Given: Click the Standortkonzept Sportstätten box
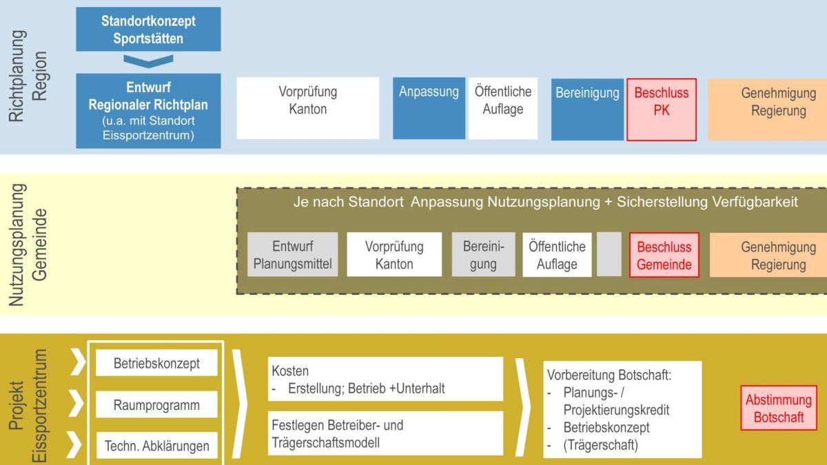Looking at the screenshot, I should [x=148, y=30].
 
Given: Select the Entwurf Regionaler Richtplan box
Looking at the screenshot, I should [x=148, y=111].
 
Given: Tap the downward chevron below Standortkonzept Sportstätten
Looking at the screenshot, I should [x=148, y=61].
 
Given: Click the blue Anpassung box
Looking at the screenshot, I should [x=429, y=108].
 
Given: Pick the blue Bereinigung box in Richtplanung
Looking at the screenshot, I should [x=587, y=108].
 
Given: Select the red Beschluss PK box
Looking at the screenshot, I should [x=661, y=109].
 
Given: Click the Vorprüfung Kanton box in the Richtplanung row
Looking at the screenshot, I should [x=308, y=108].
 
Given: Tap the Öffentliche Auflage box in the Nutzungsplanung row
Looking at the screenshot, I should [x=557, y=255].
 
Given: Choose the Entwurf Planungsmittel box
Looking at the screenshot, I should [x=293, y=255].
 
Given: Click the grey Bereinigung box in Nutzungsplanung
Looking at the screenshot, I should [x=484, y=255].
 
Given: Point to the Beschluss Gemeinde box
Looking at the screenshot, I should [x=664, y=255].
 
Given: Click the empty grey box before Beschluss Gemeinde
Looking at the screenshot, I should [x=609, y=255].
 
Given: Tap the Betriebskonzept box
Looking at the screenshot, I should [x=156, y=363].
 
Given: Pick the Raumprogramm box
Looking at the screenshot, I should [x=156, y=405].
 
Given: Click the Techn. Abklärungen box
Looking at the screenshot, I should [x=156, y=446].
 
